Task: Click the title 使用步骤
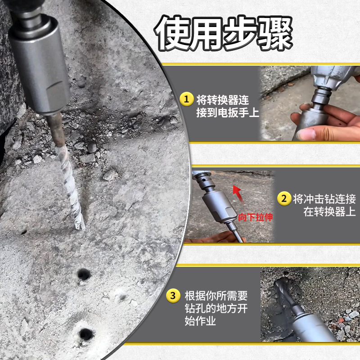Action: [223, 33]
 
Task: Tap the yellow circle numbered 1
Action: [186, 99]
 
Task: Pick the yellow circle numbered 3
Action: [173, 296]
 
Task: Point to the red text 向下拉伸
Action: [255, 217]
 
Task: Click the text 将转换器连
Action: [222, 100]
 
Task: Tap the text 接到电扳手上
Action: [228, 112]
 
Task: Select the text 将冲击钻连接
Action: [324, 199]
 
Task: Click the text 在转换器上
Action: [330, 211]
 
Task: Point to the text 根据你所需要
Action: [216, 296]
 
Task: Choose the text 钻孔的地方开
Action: [216, 308]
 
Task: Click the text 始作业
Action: [200, 321]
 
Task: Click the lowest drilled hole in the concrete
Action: [86, 334]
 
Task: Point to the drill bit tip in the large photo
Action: [81, 227]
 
